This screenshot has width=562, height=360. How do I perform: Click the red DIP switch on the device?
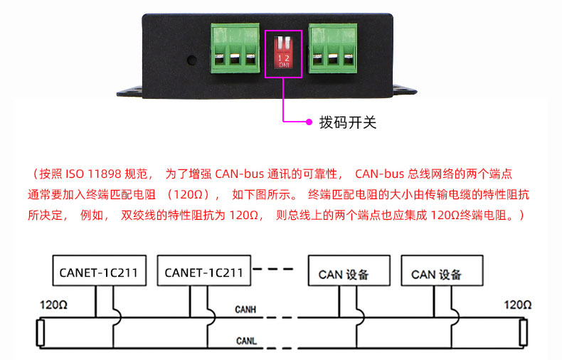284,52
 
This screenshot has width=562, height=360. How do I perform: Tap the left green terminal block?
235,48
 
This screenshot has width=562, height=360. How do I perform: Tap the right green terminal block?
333,48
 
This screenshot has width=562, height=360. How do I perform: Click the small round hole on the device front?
192,60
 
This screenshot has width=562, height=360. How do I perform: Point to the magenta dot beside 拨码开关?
309,122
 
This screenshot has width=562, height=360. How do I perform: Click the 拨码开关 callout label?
348,122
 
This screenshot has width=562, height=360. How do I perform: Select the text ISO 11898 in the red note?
93,174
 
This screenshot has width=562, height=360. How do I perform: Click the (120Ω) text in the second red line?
189,195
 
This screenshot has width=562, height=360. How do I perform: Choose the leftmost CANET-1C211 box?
100,270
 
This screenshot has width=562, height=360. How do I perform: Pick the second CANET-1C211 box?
204,270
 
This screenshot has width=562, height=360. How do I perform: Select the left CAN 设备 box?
349,270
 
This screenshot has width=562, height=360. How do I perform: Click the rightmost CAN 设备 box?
442,270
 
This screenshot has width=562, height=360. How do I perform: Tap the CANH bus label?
245,309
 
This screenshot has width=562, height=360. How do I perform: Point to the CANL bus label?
246,341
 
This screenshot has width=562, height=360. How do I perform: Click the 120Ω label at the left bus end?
53,305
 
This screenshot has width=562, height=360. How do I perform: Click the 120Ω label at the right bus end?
518,305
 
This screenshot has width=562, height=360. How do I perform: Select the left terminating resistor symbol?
40,333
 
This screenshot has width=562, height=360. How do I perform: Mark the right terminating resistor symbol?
524,333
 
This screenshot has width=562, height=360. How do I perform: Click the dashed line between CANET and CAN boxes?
273,268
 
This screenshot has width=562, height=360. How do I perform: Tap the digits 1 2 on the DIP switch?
284,58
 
